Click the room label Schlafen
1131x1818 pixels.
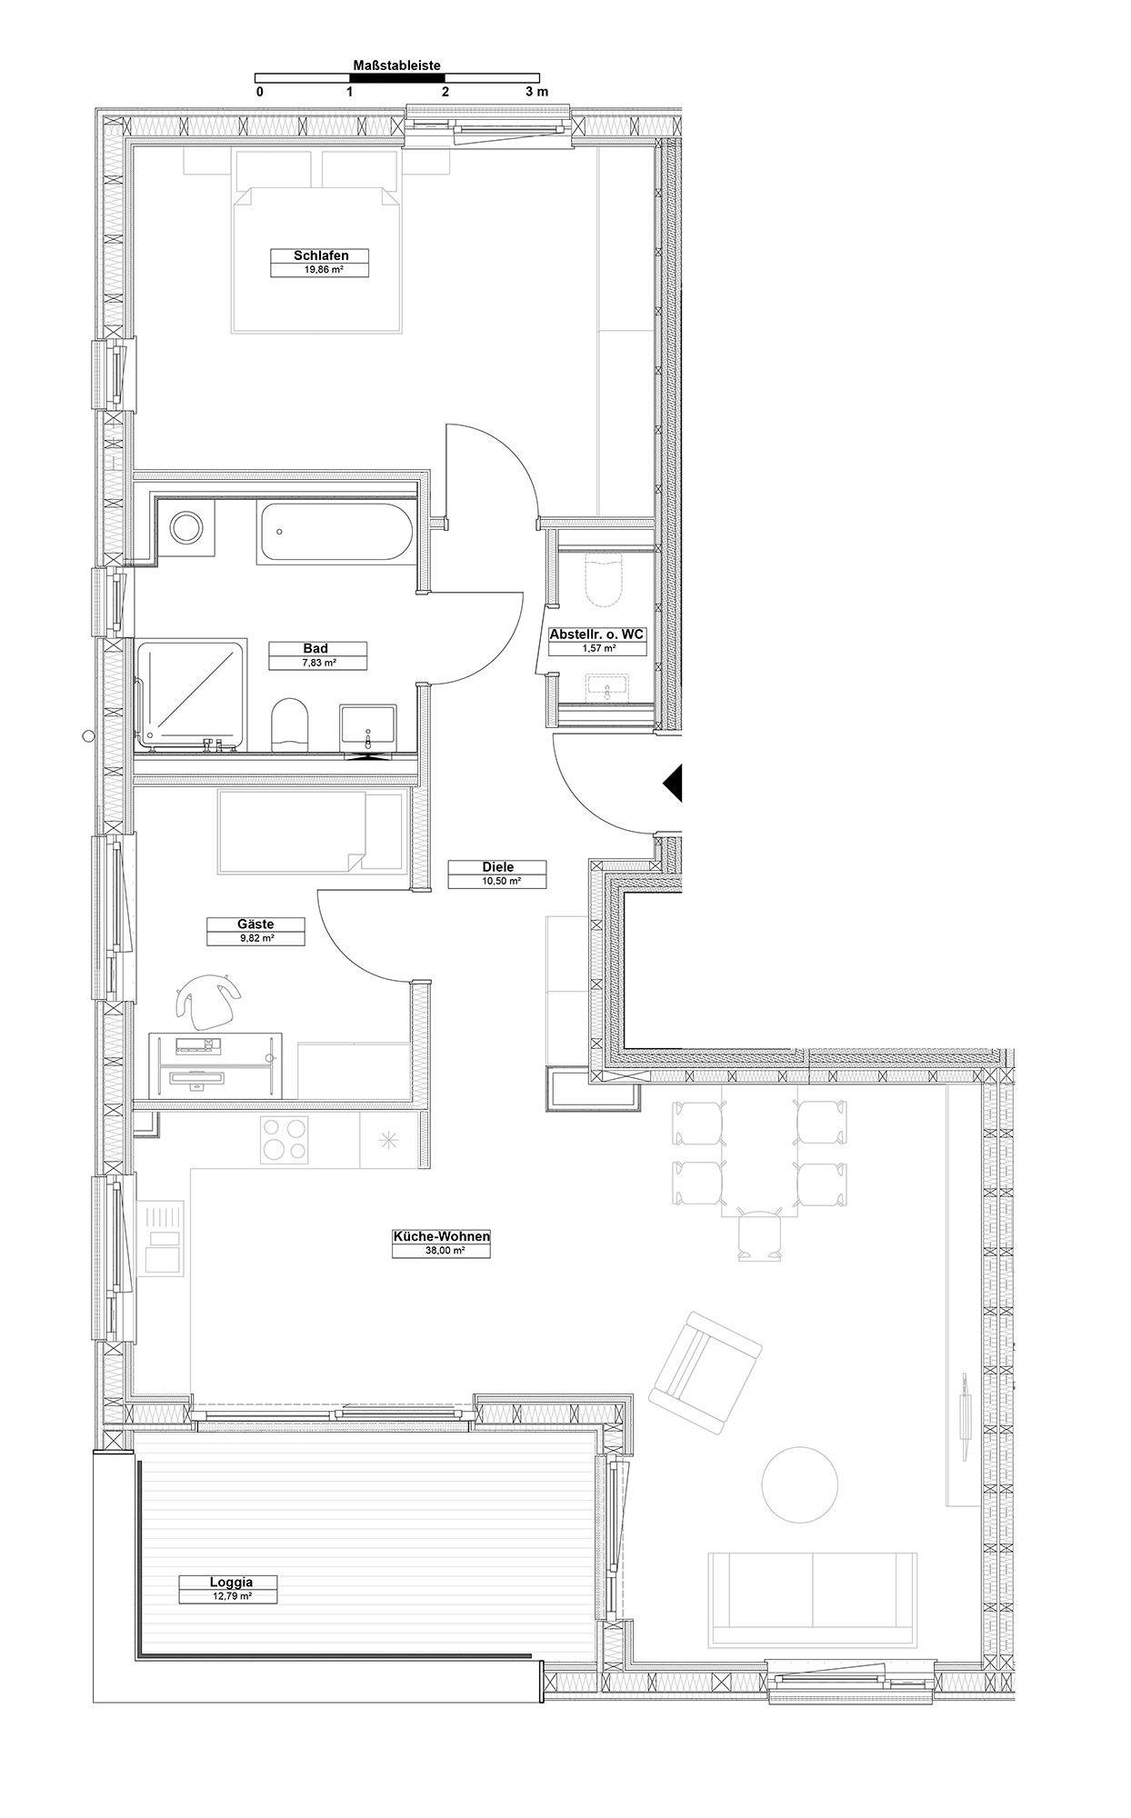click(x=321, y=255)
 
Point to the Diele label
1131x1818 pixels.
click(x=498, y=867)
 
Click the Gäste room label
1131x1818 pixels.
click(x=255, y=924)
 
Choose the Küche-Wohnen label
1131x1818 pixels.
click(x=441, y=1236)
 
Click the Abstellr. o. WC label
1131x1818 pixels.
click(x=596, y=634)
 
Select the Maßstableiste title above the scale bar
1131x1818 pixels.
click(x=397, y=66)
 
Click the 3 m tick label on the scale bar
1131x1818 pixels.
click(x=536, y=92)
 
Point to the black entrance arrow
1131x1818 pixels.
click(x=672, y=782)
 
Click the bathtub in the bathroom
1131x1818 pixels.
click(x=336, y=532)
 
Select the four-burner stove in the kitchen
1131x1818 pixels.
click(x=284, y=1139)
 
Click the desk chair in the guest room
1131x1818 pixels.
click(x=209, y=996)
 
